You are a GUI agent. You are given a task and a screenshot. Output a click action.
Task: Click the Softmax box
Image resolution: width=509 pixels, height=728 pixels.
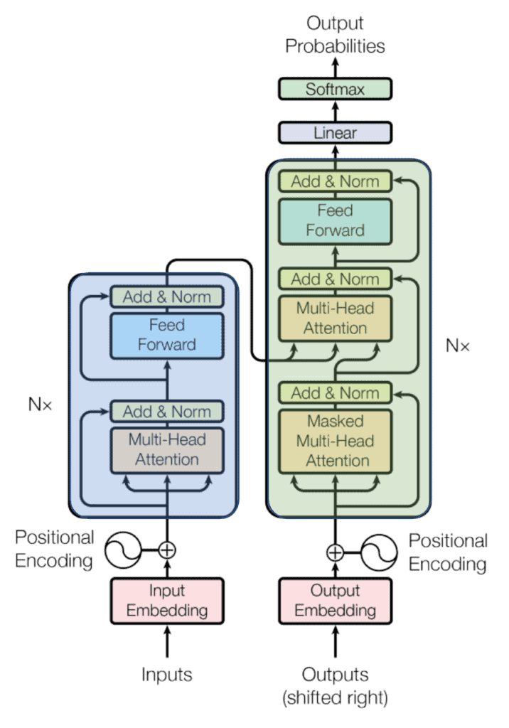(335, 89)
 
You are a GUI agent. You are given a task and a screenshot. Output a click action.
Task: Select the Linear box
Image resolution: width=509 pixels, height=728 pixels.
(335, 132)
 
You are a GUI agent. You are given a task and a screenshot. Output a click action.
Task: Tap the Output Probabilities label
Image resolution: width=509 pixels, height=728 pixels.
(335, 35)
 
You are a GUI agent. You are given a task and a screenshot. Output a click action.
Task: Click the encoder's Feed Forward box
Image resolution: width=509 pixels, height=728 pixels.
(167, 335)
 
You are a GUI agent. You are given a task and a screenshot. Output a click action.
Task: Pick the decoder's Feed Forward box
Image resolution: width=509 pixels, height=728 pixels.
(335, 220)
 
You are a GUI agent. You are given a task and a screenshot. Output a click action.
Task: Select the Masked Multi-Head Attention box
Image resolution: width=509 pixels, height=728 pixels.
(335, 440)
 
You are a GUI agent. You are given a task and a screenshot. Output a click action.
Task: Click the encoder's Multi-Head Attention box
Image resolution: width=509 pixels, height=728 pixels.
(167, 449)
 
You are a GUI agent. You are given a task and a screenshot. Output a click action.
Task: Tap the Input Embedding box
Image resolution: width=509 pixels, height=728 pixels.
(167, 600)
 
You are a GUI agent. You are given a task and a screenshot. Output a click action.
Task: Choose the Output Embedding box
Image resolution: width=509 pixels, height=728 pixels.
(335, 600)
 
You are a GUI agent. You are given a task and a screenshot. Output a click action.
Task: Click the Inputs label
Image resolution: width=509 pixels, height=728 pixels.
(167, 674)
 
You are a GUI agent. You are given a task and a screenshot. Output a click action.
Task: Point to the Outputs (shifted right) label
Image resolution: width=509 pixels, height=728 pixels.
(335, 685)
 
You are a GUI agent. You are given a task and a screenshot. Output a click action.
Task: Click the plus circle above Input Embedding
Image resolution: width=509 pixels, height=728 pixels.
(167, 550)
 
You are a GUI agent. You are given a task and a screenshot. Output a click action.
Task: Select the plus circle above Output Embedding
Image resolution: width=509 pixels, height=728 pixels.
(335, 552)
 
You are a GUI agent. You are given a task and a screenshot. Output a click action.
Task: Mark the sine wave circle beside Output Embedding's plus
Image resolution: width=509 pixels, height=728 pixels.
(380, 552)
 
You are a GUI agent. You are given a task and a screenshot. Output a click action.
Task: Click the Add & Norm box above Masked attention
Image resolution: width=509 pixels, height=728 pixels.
(335, 392)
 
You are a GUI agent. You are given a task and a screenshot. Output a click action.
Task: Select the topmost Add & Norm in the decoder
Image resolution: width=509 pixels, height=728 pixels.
(335, 181)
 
